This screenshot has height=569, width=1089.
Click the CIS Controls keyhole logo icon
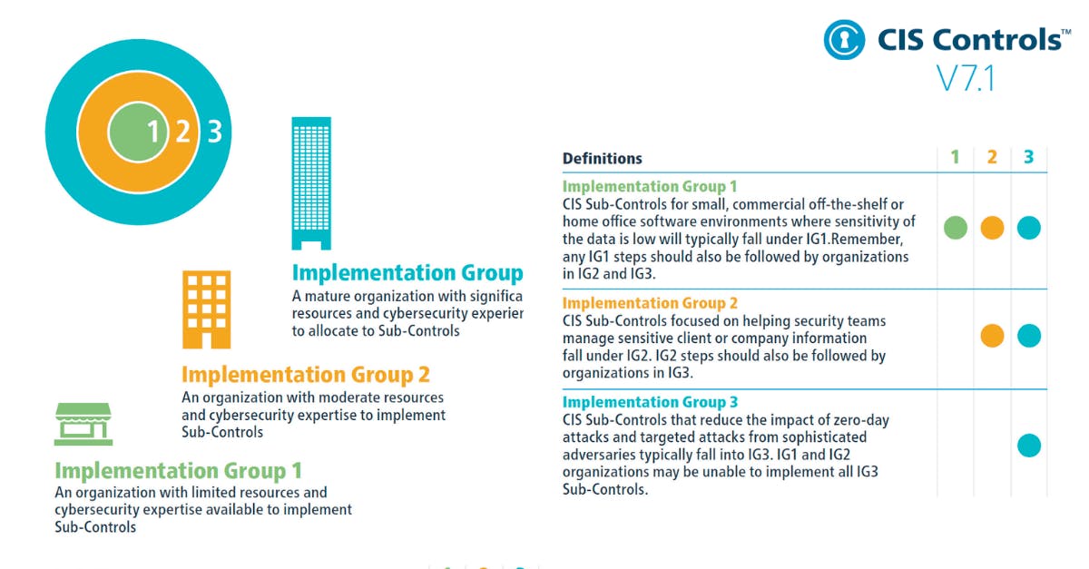[844, 40]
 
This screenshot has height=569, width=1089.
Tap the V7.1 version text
[966, 79]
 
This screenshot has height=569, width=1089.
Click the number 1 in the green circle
[153, 132]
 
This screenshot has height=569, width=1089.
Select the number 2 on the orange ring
[182, 132]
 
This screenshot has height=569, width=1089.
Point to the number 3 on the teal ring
[214, 132]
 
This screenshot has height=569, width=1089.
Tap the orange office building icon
[206, 309]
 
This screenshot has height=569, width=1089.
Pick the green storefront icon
[83, 424]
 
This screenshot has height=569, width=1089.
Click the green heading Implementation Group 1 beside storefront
[178, 471]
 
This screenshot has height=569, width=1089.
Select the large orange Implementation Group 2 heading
[305, 374]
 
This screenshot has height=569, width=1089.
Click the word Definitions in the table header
[602, 158]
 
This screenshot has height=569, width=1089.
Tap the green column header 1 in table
[955, 157]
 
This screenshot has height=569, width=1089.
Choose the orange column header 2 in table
[992, 157]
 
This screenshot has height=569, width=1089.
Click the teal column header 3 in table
[1028, 157]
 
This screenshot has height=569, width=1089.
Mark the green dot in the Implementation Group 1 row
[956, 228]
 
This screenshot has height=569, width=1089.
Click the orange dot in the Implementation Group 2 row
[992, 336]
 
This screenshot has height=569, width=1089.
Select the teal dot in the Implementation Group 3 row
[1028, 446]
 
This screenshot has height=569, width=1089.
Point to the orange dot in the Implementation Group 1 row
[992, 228]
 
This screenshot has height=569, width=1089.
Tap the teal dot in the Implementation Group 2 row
[1028, 336]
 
